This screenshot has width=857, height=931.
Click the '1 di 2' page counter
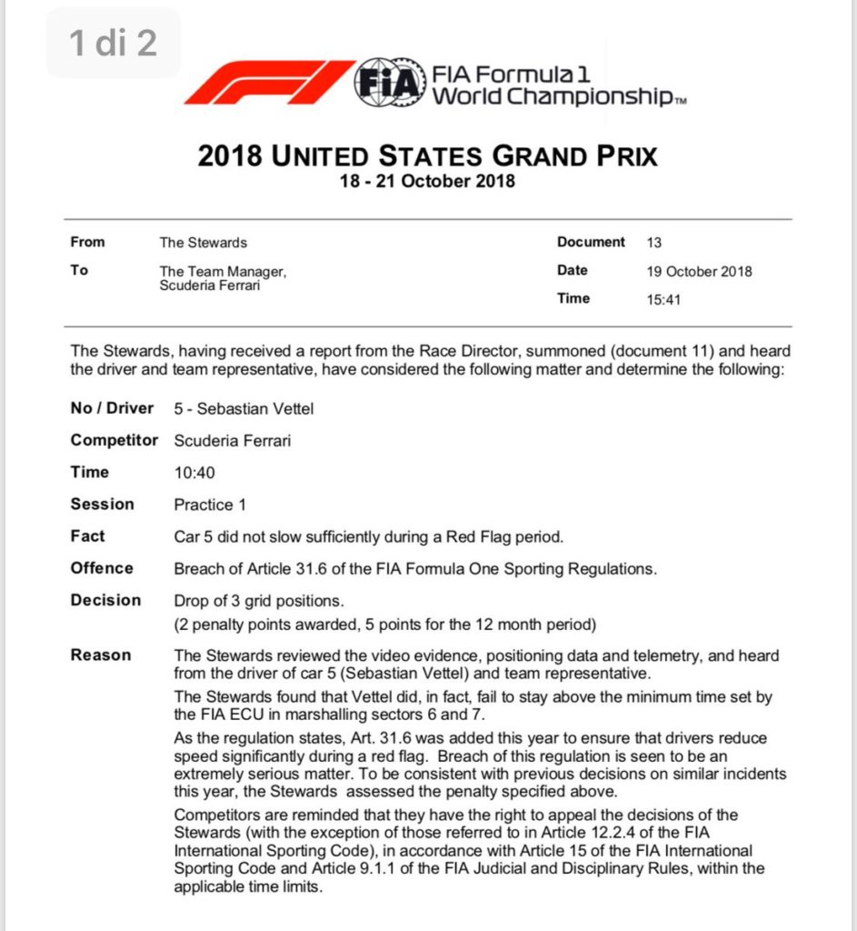coord(114,44)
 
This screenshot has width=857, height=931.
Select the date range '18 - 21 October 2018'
coord(427,180)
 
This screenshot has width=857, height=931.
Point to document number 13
coord(654,243)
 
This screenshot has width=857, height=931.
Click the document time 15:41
coord(663,299)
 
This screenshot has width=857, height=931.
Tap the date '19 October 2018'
coord(699,271)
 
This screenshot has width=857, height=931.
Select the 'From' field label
coord(87,243)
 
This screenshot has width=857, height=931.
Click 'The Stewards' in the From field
coord(204,243)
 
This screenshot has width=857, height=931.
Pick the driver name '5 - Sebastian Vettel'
coord(244,409)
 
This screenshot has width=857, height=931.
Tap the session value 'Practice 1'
coord(210,505)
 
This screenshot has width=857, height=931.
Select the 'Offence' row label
coord(102,568)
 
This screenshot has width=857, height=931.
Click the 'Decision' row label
coord(106,600)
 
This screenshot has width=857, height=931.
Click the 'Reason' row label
coord(101,656)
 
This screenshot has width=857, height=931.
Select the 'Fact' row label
coord(88,536)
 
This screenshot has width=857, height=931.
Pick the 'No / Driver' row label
coord(113,408)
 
